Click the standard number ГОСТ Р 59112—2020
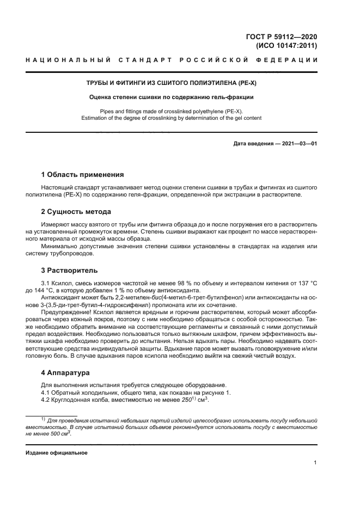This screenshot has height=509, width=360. pyautogui.click(x=283, y=36)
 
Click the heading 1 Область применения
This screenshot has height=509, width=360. pyautogui.click(x=83, y=175)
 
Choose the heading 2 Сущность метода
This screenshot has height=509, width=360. pyautogui.click(x=76, y=211)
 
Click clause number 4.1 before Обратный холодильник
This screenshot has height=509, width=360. pyautogui.click(x=46, y=393)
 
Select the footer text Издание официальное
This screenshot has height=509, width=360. pyautogui.click(x=56, y=452)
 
